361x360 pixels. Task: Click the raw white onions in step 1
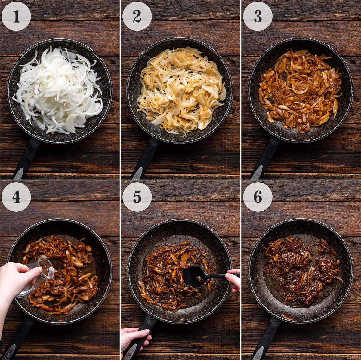[x=59, y=90]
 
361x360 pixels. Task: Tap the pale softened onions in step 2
[x=180, y=90]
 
